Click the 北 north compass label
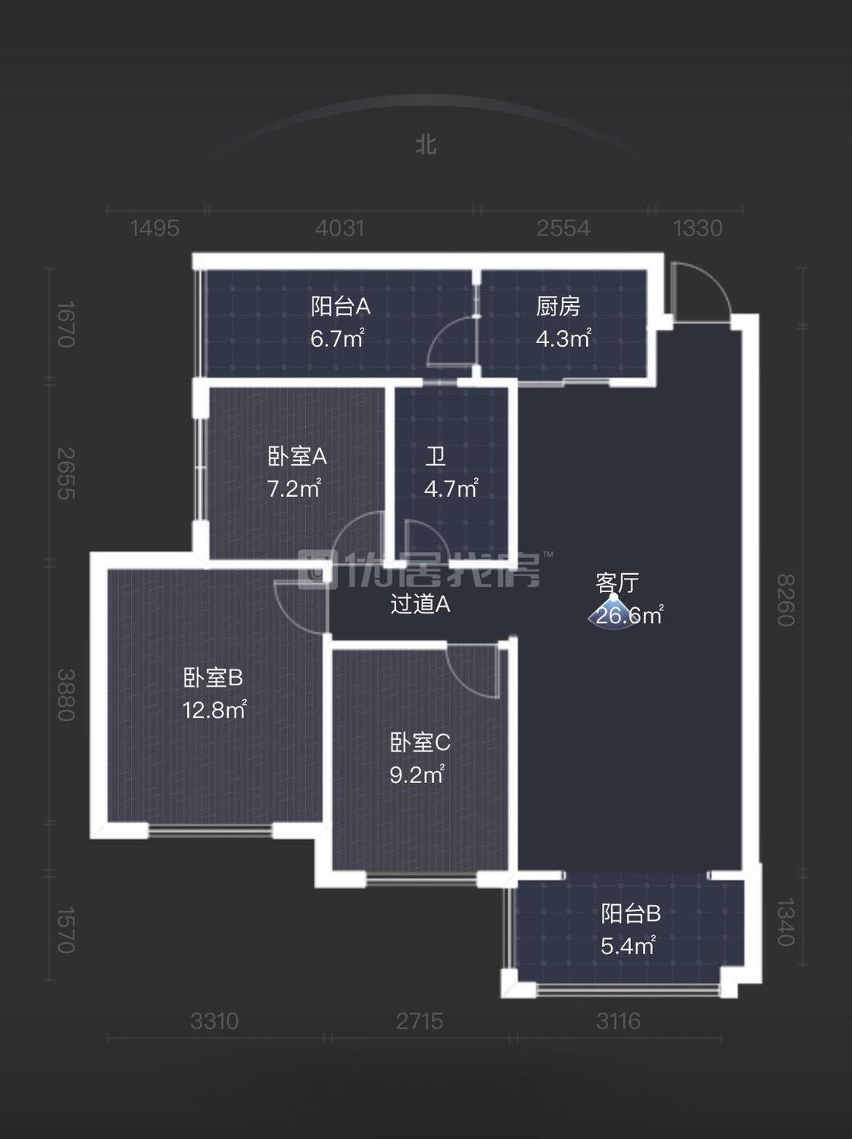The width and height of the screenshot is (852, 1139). [426, 144]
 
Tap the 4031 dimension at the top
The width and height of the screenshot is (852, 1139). [339, 228]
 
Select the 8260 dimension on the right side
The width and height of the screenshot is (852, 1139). [785, 600]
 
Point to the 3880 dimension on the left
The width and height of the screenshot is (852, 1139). [66, 694]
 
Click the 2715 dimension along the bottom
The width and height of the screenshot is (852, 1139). [420, 1022]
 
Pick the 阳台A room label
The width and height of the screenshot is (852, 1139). [340, 307]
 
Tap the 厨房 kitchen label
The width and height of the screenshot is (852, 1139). [558, 307]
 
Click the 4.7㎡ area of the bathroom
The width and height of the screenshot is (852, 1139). [451, 489]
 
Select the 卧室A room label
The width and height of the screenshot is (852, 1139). [297, 457]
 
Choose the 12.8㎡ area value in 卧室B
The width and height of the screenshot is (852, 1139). [214, 710]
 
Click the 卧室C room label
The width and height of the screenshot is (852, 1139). [420, 743]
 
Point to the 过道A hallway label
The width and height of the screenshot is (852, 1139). [420, 604]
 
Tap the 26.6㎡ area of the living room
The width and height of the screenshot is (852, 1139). [629, 616]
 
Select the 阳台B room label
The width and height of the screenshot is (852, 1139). [631, 914]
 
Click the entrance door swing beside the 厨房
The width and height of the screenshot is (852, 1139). [698, 292]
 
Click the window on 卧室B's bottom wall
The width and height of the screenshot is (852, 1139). [210, 831]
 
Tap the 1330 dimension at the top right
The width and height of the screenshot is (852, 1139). [698, 228]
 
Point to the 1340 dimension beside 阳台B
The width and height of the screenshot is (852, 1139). [785, 922]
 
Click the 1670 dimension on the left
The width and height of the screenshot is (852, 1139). [66, 324]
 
